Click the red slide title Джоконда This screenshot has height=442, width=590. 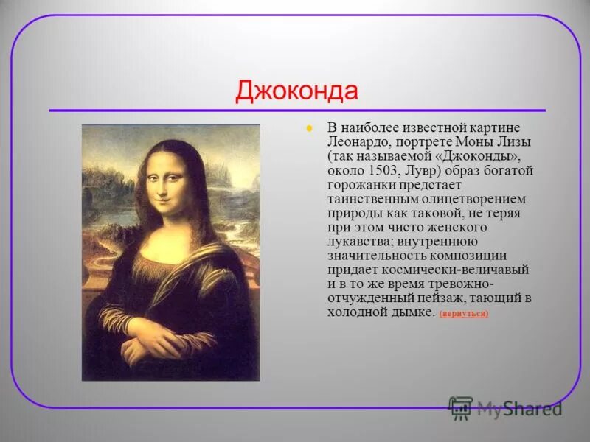296,91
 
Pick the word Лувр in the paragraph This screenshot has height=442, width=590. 418,170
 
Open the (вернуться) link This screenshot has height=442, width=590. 463,314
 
